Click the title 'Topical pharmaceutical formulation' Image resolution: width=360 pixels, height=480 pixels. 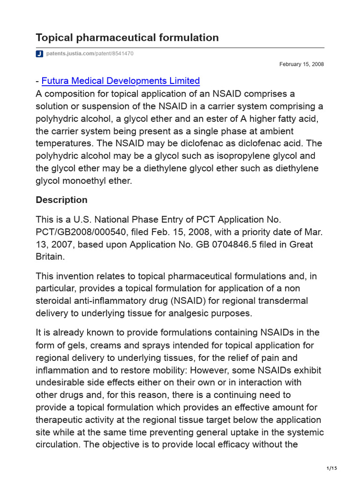pos(127,37)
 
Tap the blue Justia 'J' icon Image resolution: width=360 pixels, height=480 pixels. pos(39,54)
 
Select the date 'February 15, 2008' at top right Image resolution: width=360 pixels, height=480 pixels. pos(301,64)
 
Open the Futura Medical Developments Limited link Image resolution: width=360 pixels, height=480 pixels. pos(120,81)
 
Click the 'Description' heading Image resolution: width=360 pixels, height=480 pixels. pos(61,200)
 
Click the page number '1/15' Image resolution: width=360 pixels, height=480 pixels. pos(331,468)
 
